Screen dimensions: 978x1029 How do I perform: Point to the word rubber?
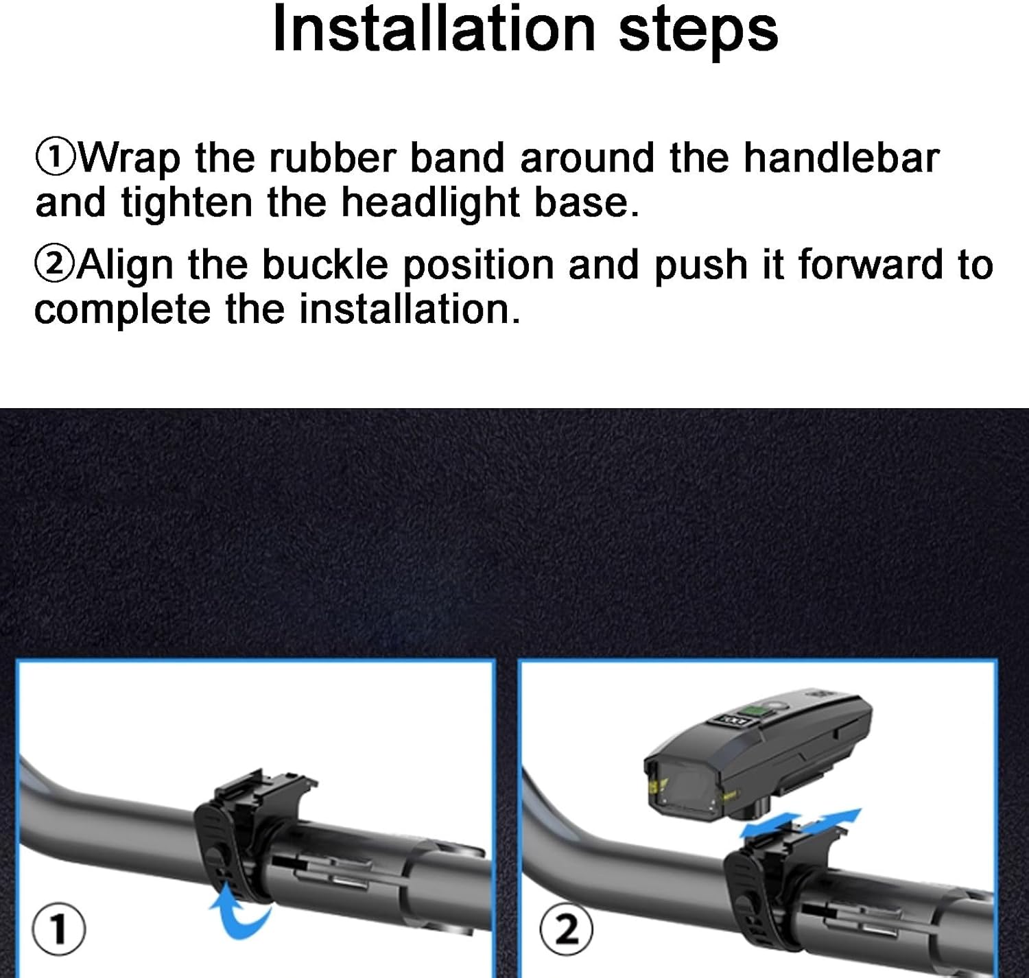(332, 157)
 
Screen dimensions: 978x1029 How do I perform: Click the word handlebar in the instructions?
(841, 157)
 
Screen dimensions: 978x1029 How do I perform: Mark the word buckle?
(325, 265)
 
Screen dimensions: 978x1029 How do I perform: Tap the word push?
(700, 266)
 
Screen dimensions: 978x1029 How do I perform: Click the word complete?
(122, 311)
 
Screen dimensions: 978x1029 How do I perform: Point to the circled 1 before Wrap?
(55, 158)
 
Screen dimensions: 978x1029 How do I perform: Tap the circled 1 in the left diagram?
(59, 930)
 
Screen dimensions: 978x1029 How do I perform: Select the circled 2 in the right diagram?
(566, 930)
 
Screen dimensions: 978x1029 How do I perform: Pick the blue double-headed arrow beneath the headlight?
(801, 822)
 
